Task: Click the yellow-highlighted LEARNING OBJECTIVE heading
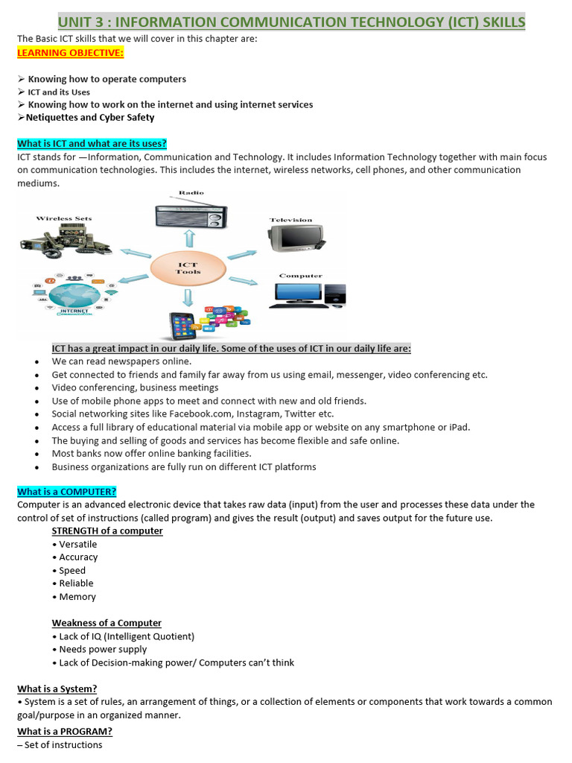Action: pyautogui.click(x=71, y=53)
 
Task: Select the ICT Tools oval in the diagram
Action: pyautogui.click(x=188, y=267)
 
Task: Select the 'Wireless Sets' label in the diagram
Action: pyautogui.click(x=64, y=218)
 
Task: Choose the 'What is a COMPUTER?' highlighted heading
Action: pyautogui.click(x=67, y=491)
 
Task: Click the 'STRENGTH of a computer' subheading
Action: pyautogui.click(x=107, y=531)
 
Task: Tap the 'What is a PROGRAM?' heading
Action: pyautogui.click(x=65, y=731)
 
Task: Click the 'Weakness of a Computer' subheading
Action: pyautogui.click(x=107, y=623)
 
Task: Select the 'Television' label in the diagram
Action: pyautogui.click(x=291, y=220)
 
